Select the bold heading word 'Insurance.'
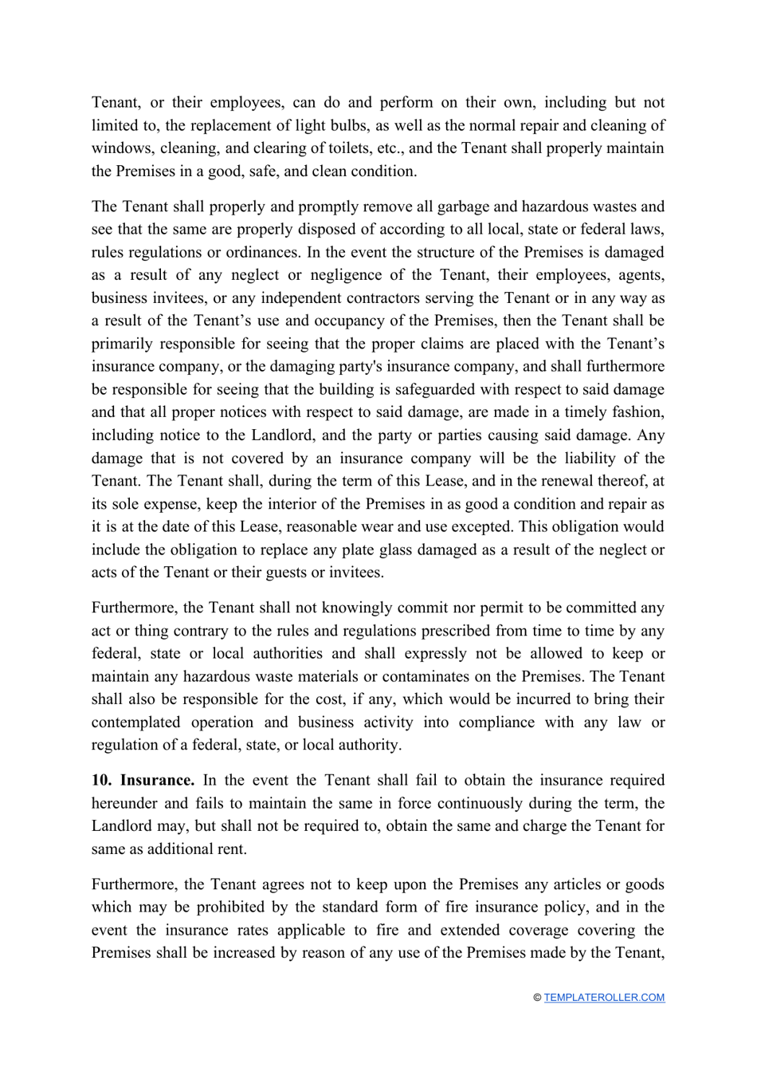[157, 781]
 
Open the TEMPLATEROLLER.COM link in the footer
[604, 998]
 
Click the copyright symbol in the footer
[537, 998]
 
